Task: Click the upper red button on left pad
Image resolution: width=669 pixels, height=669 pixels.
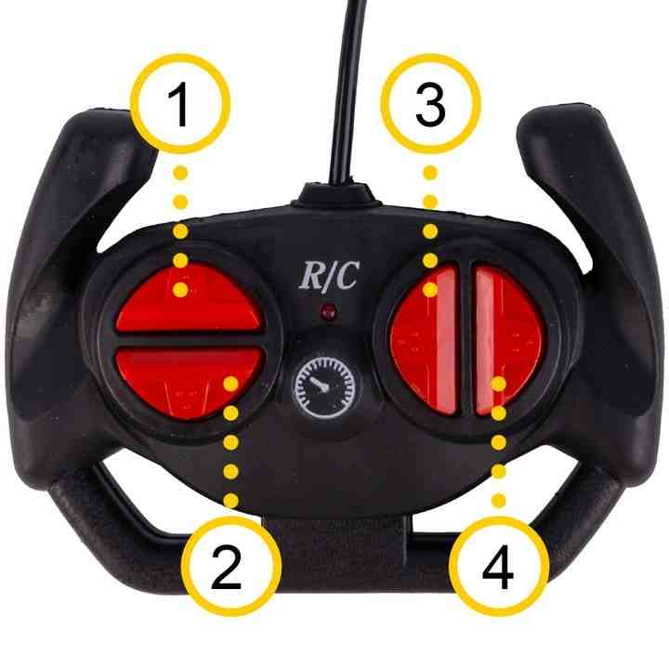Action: coord(189,298)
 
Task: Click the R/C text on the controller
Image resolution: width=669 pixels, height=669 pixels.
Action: coord(329,276)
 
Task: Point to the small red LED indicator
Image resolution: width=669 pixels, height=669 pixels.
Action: coord(329,312)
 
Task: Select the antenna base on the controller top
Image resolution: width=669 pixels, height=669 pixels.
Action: coord(334,195)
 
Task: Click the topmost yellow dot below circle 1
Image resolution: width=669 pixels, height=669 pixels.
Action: coord(180,173)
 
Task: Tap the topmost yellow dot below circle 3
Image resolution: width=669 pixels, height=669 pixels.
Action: coord(430,173)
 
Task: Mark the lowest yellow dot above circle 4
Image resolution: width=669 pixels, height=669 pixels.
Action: coord(499,501)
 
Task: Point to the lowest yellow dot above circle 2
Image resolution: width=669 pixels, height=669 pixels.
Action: coord(230,500)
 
